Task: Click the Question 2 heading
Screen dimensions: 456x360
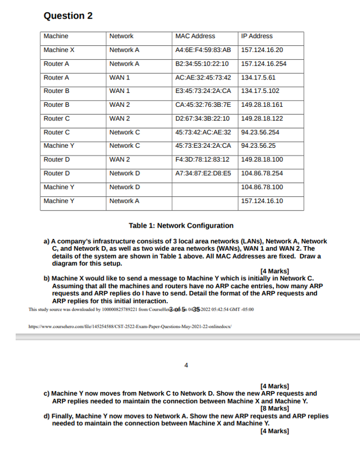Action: coord(68,16)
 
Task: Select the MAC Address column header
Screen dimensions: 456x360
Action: coord(195,36)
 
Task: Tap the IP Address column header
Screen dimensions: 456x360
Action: coord(257,36)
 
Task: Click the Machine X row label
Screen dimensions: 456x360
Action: coord(59,50)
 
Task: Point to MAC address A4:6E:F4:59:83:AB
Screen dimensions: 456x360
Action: coord(203,50)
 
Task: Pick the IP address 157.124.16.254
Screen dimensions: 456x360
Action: coord(263,64)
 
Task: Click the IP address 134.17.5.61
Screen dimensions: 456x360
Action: coord(259,77)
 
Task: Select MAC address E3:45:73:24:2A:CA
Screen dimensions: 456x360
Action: coord(203,91)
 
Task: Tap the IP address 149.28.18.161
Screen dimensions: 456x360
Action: coord(262,105)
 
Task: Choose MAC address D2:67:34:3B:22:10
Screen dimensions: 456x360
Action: coord(202,119)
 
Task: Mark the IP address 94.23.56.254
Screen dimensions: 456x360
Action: coord(260,133)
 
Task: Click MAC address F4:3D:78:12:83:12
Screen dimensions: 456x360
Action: coord(202,159)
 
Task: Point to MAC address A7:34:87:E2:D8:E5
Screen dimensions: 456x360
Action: coord(203,173)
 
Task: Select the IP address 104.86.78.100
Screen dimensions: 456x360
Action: coord(262,187)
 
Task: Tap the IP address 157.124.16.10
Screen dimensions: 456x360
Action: coord(262,201)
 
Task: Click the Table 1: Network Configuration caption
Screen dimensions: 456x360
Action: coord(181,225)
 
